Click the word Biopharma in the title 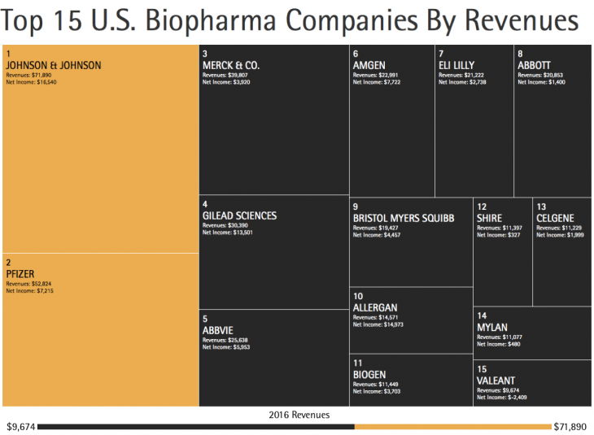[x=219, y=23]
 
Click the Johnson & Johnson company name [x=54, y=65]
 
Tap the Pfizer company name [x=20, y=273]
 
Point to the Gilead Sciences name [x=239, y=215]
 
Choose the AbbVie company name [x=219, y=330]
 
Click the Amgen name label [x=369, y=65]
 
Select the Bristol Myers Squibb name [x=403, y=218]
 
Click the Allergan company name [x=375, y=307]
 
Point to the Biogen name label [x=369, y=374]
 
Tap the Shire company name [x=490, y=218]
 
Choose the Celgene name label [x=554, y=218]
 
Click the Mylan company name [x=492, y=327]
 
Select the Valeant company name [x=496, y=381]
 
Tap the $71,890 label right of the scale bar [x=570, y=426]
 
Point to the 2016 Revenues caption [x=299, y=415]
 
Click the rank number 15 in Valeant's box [x=482, y=369]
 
